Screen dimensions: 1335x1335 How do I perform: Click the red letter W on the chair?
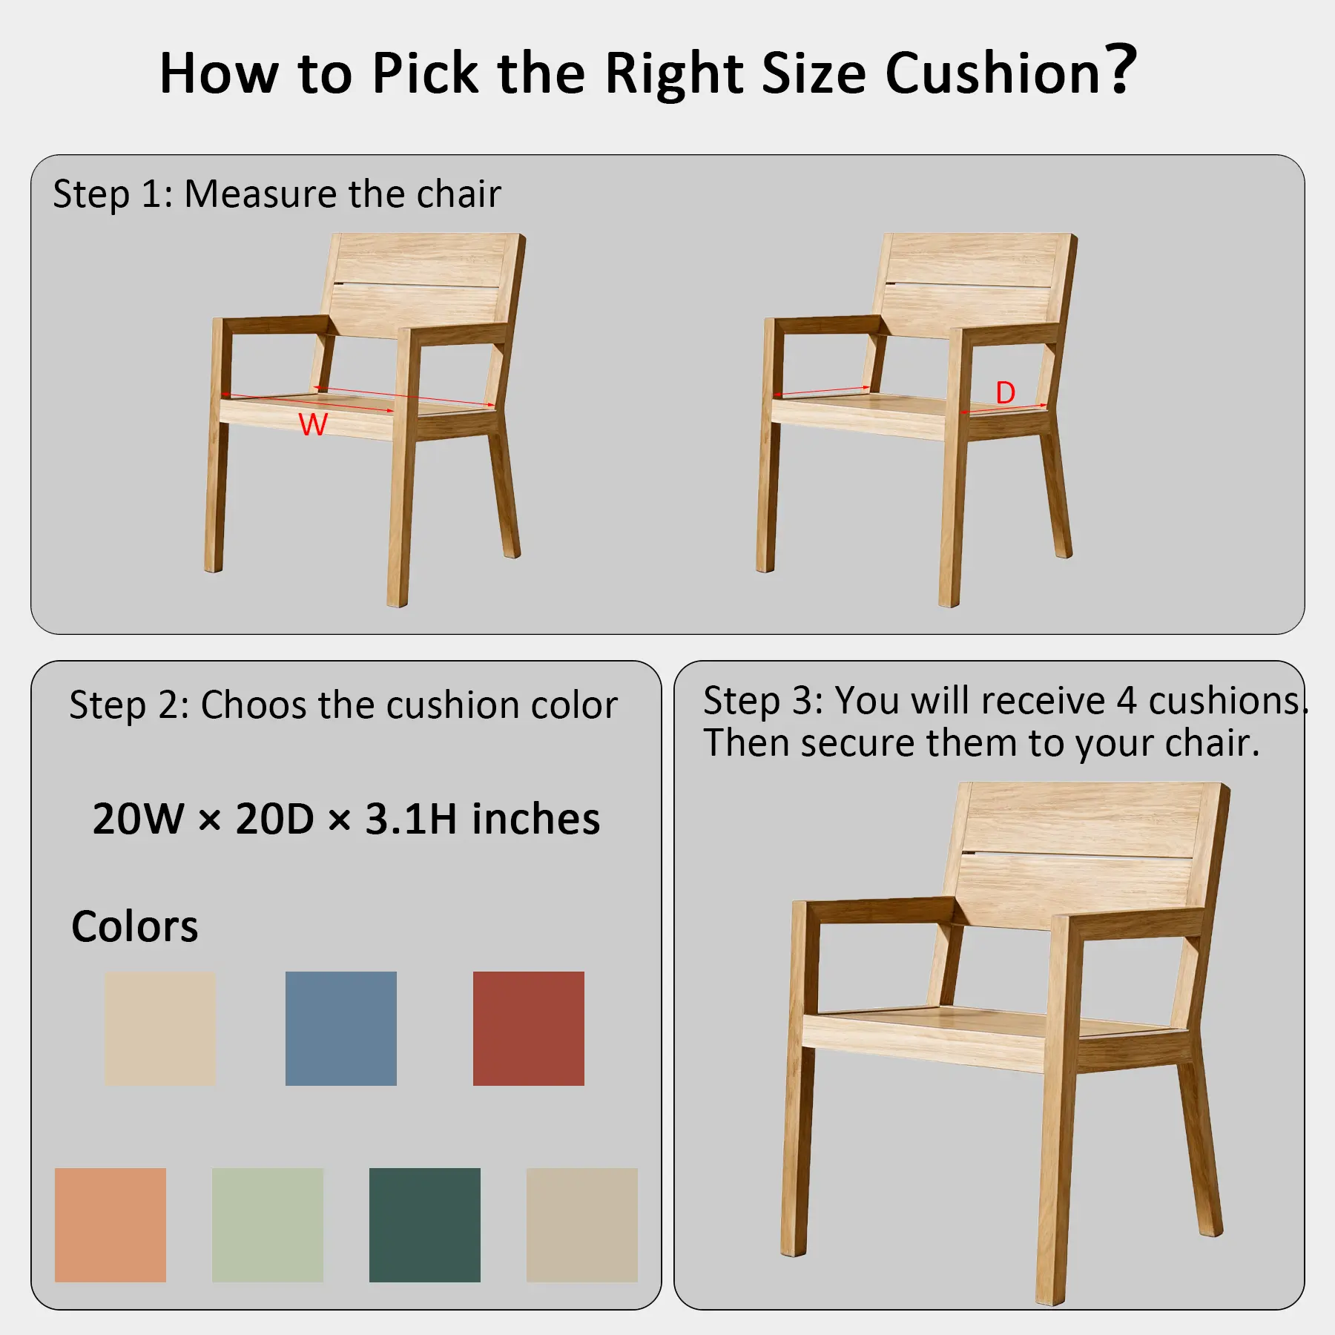313,424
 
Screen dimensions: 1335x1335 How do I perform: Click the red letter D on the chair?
1005,392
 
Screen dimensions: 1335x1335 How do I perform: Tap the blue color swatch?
341,1029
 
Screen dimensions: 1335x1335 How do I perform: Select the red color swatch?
529,1029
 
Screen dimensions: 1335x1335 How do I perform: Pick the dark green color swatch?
425,1225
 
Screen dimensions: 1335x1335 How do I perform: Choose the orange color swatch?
111,1225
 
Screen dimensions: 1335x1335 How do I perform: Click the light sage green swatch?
268,1225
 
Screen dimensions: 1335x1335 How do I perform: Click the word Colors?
135,926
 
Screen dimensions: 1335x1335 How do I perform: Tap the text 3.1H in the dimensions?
411,819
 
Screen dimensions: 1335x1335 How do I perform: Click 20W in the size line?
139,819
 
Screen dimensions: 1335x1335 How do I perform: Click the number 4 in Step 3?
1127,700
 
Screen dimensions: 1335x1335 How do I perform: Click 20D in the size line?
275,819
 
